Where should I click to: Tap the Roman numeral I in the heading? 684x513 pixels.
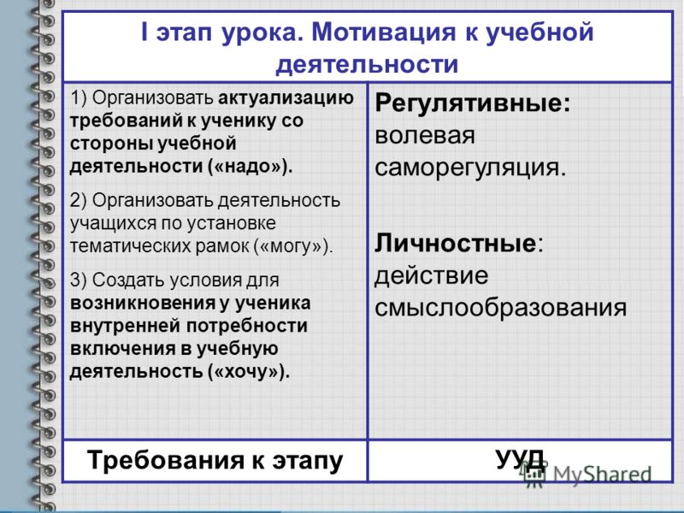click(144, 32)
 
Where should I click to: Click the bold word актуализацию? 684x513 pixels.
click(286, 98)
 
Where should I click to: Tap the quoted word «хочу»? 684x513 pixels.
click(247, 372)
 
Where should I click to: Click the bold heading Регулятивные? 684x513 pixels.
click(473, 103)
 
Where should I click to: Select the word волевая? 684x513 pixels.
click(424, 135)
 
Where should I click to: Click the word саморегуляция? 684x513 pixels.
click(469, 168)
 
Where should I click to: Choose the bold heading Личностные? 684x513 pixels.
click(455, 243)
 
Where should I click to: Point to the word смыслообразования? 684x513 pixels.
click(500, 308)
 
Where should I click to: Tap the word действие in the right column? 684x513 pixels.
click(431, 275)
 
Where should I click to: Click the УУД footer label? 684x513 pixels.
click(521, 460)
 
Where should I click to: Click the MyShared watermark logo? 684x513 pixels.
click(587, 475)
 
